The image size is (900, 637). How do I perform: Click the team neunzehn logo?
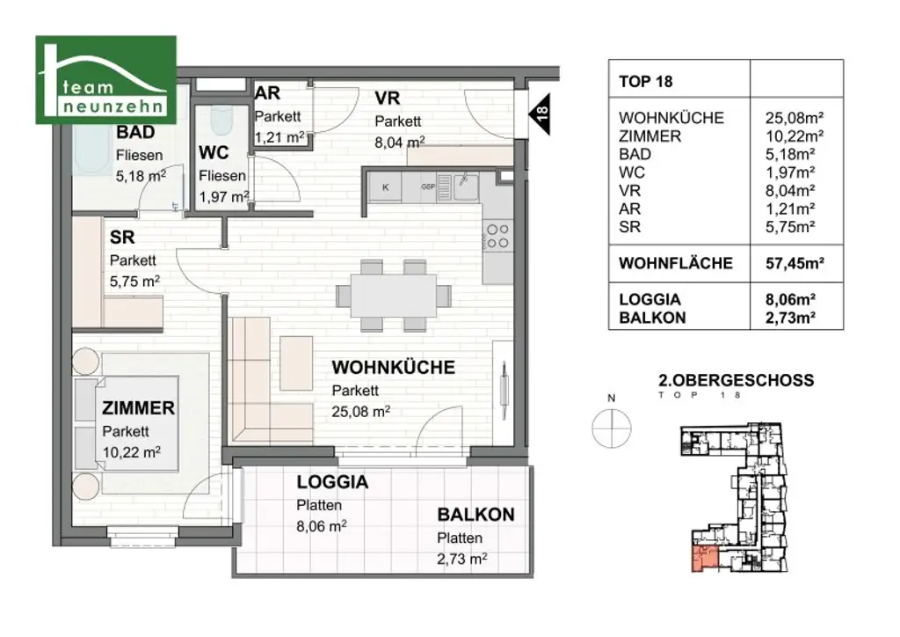tap(105, 80)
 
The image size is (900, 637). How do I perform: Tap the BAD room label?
tap(135, 133)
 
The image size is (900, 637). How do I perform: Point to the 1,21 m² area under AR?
tap(279, 136)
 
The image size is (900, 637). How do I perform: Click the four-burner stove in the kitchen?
tap(497, 236)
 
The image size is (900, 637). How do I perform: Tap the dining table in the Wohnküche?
tap(393, 296)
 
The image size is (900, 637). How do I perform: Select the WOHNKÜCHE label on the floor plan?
tap(393, 368)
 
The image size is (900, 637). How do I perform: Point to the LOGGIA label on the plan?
tap(331, 482)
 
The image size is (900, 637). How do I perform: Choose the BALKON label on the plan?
tap(475, 516)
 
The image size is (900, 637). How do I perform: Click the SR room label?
tap(121, 238)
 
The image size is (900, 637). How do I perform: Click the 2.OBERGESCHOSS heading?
tap(736, 381)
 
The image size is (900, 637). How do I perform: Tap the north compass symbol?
tap(612, 428)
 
